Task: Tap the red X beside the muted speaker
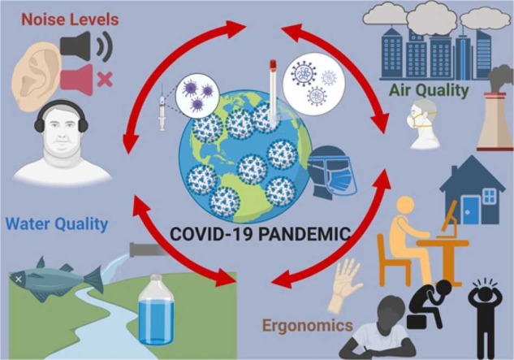coord(104,80)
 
